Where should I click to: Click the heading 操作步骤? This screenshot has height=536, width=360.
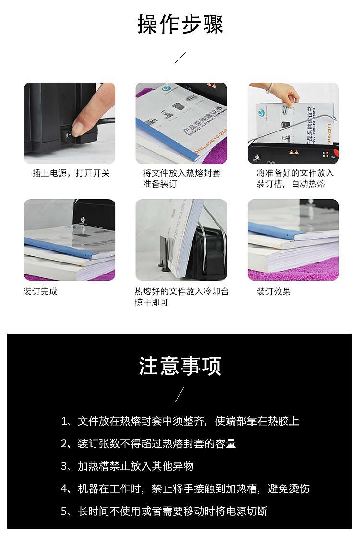pos(180,24)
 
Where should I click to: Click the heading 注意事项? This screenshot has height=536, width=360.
pos(180,366)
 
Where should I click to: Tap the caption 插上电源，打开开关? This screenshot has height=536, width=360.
pos(71,173)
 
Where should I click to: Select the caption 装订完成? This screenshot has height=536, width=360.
pos(40,292)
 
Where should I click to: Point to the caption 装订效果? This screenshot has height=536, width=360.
pos(274,292)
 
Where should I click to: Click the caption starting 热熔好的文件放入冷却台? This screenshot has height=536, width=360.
pos(181,297)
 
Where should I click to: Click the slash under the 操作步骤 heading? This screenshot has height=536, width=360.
pos(180,58)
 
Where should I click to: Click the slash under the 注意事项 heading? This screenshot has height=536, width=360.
pos(180,394)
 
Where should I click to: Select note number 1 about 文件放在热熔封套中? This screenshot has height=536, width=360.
pos(180,421)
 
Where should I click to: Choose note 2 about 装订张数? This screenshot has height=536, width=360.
pos(148,444)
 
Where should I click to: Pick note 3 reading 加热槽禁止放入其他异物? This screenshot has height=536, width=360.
pos(127,466)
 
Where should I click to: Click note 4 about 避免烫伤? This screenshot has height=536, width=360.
pos(185,489)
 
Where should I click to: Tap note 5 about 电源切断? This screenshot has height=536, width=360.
pos(164,512)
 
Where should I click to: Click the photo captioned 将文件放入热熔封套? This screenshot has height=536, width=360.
pos(181,123)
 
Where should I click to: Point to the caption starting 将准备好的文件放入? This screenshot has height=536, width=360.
pos(295,179)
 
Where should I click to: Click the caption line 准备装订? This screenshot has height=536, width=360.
pos(160,184)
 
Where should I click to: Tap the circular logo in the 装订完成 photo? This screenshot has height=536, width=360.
pos(83,220)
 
